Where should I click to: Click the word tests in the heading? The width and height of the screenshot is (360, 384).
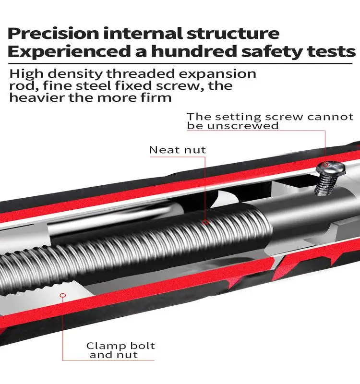tap(331, 51)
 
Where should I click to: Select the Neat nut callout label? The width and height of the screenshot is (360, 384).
tap(177, 150)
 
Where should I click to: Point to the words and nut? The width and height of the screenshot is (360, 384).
tap(113, 356)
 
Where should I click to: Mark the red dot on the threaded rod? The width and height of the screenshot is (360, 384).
tap(205, 222)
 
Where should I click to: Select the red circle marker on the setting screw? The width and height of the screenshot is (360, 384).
tap(325, 165)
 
